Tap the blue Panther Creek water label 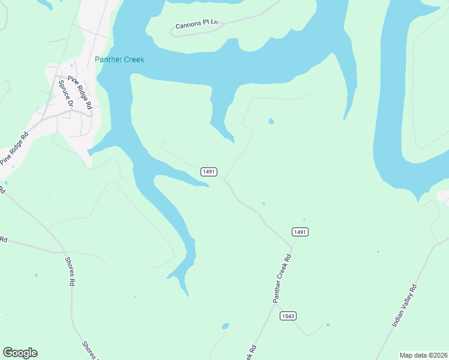[119, 59]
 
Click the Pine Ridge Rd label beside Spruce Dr [80, 92]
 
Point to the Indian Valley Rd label [404, 305]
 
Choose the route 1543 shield [288, 316]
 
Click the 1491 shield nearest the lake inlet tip [209, 172]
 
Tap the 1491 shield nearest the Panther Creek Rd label [300, 232]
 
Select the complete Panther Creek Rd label [282, 278]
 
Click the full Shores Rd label [70, 271]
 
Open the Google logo [20, 353]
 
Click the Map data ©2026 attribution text [423, 355]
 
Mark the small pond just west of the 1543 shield [226, 326]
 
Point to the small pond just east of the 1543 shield [328, 325]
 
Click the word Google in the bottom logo [20, 353]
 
